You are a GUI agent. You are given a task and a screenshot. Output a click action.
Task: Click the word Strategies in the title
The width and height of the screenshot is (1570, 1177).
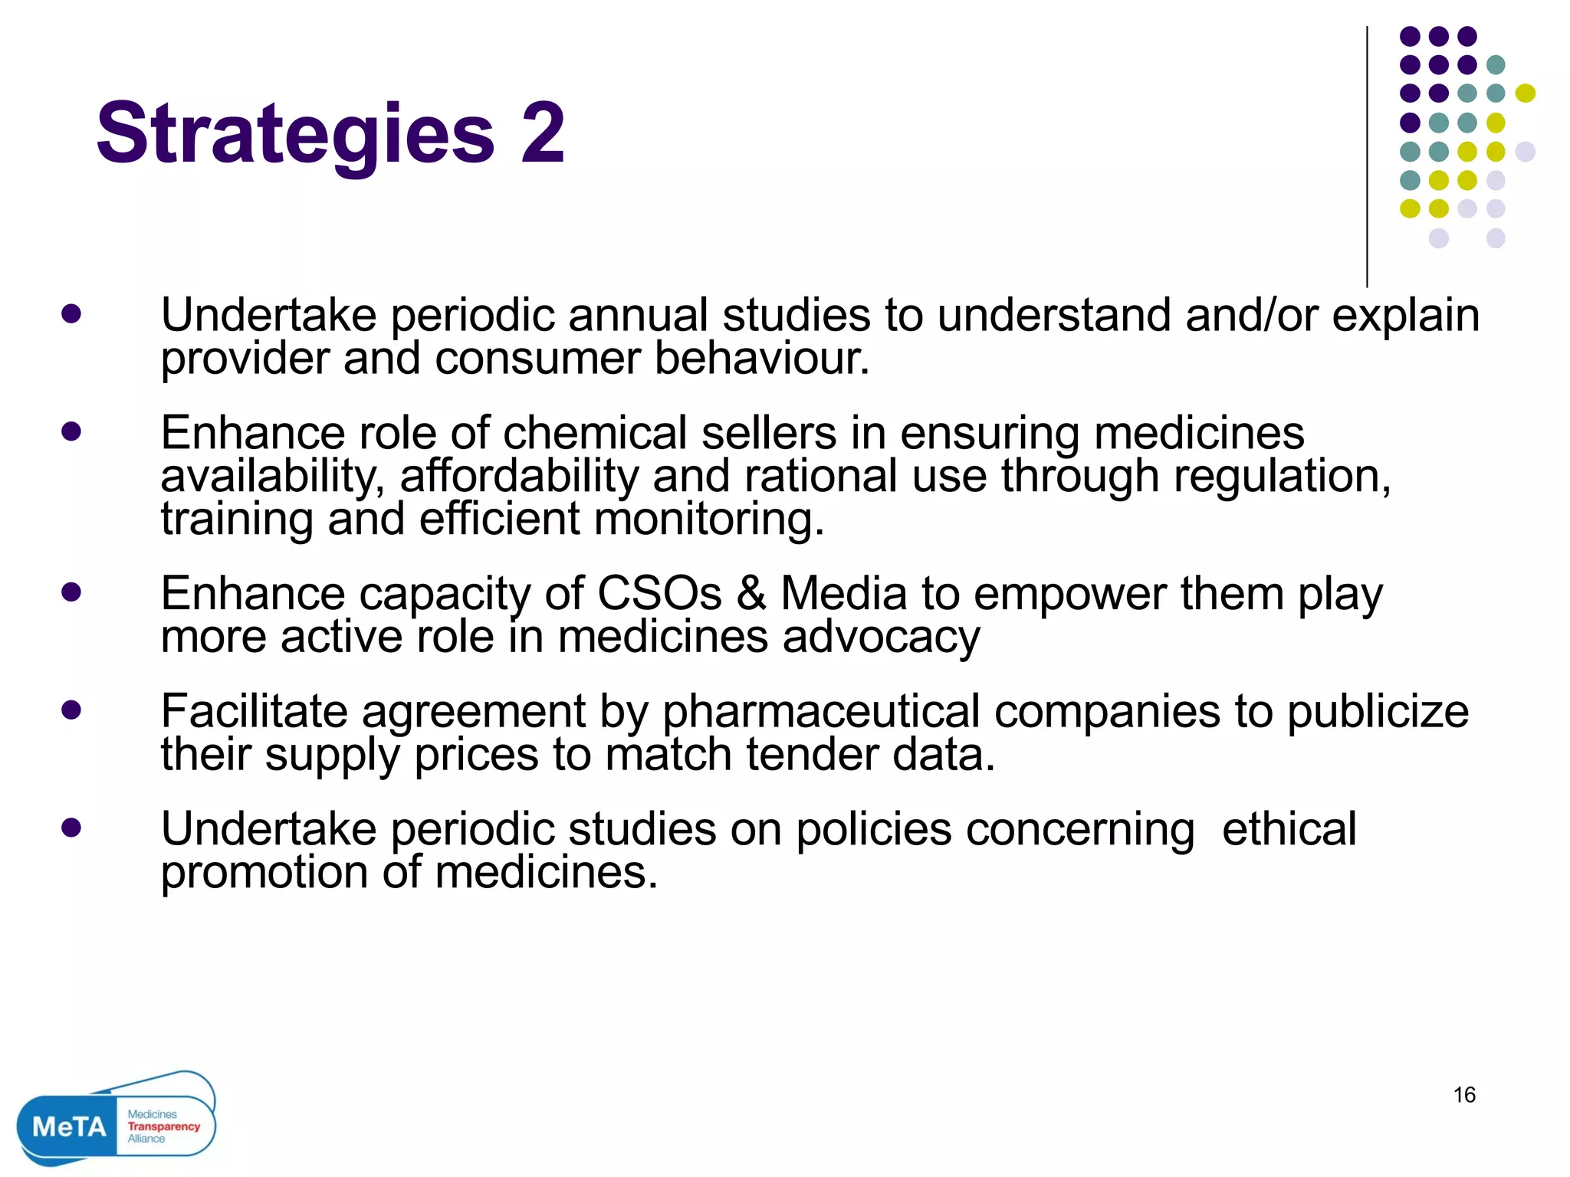295,135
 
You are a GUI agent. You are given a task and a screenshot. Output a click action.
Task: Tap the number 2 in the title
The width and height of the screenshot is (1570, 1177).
543,133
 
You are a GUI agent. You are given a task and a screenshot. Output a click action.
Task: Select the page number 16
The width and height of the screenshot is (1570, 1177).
1464,1095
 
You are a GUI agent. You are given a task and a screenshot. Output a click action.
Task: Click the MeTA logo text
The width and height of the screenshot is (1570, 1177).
69,1126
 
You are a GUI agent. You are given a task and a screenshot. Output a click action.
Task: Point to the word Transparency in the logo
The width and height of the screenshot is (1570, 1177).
163,1126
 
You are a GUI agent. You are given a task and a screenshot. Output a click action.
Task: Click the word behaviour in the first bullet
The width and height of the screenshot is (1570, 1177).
762,359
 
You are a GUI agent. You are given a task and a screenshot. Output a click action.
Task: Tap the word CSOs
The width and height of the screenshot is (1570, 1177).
659,594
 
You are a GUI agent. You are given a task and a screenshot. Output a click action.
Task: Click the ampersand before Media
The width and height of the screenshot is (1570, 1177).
751,594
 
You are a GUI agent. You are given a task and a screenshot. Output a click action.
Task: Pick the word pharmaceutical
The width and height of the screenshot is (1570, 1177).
821,712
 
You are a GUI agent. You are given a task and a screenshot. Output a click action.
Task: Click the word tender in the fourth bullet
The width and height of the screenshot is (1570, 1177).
812,755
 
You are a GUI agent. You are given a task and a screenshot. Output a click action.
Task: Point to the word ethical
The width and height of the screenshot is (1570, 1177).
1289,829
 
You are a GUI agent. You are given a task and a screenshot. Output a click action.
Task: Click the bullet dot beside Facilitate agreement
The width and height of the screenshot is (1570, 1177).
71,710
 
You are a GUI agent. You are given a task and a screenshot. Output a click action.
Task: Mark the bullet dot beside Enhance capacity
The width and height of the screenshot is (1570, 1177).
71,592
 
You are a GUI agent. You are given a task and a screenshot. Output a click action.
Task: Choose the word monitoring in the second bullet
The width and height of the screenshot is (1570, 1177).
709,520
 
